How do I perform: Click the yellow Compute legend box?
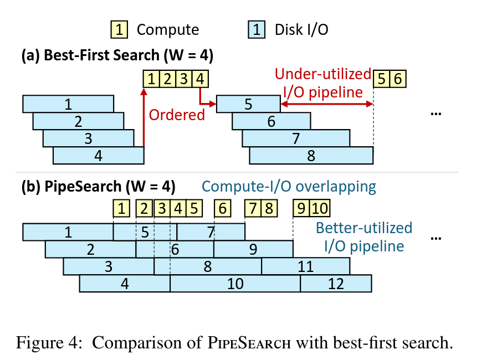119,29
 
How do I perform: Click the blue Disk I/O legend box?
257,29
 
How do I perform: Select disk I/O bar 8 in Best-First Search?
311,156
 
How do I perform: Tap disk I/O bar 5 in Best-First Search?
248,104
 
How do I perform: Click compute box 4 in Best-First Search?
199,79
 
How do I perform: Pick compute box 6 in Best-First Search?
398,79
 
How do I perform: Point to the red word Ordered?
177,115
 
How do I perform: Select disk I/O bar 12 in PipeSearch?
336,284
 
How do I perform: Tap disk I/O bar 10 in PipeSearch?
235,284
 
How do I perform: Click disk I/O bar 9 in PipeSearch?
253,249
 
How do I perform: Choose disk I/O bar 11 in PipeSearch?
306,266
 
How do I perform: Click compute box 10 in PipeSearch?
320,209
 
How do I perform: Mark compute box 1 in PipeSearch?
122,209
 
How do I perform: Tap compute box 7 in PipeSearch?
253,209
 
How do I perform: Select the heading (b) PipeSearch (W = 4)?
98,187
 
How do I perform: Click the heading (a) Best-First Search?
117,55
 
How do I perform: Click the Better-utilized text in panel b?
364,228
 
